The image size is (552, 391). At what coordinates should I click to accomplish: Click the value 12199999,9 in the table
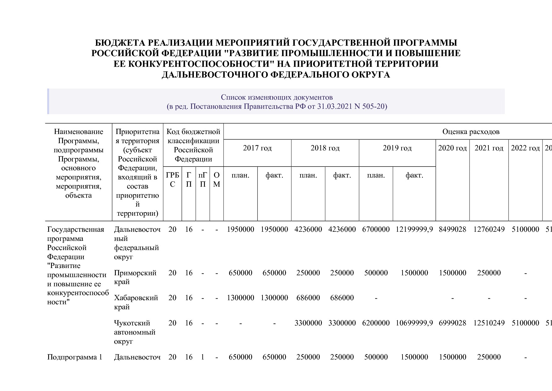(414, 229)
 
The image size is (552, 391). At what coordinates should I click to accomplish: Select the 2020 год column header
(452, 148)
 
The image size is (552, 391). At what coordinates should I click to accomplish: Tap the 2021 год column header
(489, 148)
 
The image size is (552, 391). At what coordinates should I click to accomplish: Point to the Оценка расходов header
(471, 131)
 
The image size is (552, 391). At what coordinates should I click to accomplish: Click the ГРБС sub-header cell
(172, 179)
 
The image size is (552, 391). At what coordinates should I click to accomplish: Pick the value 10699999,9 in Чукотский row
(414, 323)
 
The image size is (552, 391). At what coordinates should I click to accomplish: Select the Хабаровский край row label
(136, 302)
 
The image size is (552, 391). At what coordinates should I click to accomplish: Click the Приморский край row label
(135, 277)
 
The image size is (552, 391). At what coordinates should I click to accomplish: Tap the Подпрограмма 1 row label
(75, 357)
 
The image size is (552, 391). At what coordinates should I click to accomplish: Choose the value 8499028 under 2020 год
(452, 229)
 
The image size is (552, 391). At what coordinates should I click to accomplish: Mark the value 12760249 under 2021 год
(489, 229)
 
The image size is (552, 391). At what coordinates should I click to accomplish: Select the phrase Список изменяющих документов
(277, 97)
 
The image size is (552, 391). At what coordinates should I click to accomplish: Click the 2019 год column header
(397, 148)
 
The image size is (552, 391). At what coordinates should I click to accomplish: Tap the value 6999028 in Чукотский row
(452, 323)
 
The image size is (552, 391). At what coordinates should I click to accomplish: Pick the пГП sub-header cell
(203, 179)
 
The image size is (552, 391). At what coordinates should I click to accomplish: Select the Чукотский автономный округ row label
(135, 332)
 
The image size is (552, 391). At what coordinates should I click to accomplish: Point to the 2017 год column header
(257, 148)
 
